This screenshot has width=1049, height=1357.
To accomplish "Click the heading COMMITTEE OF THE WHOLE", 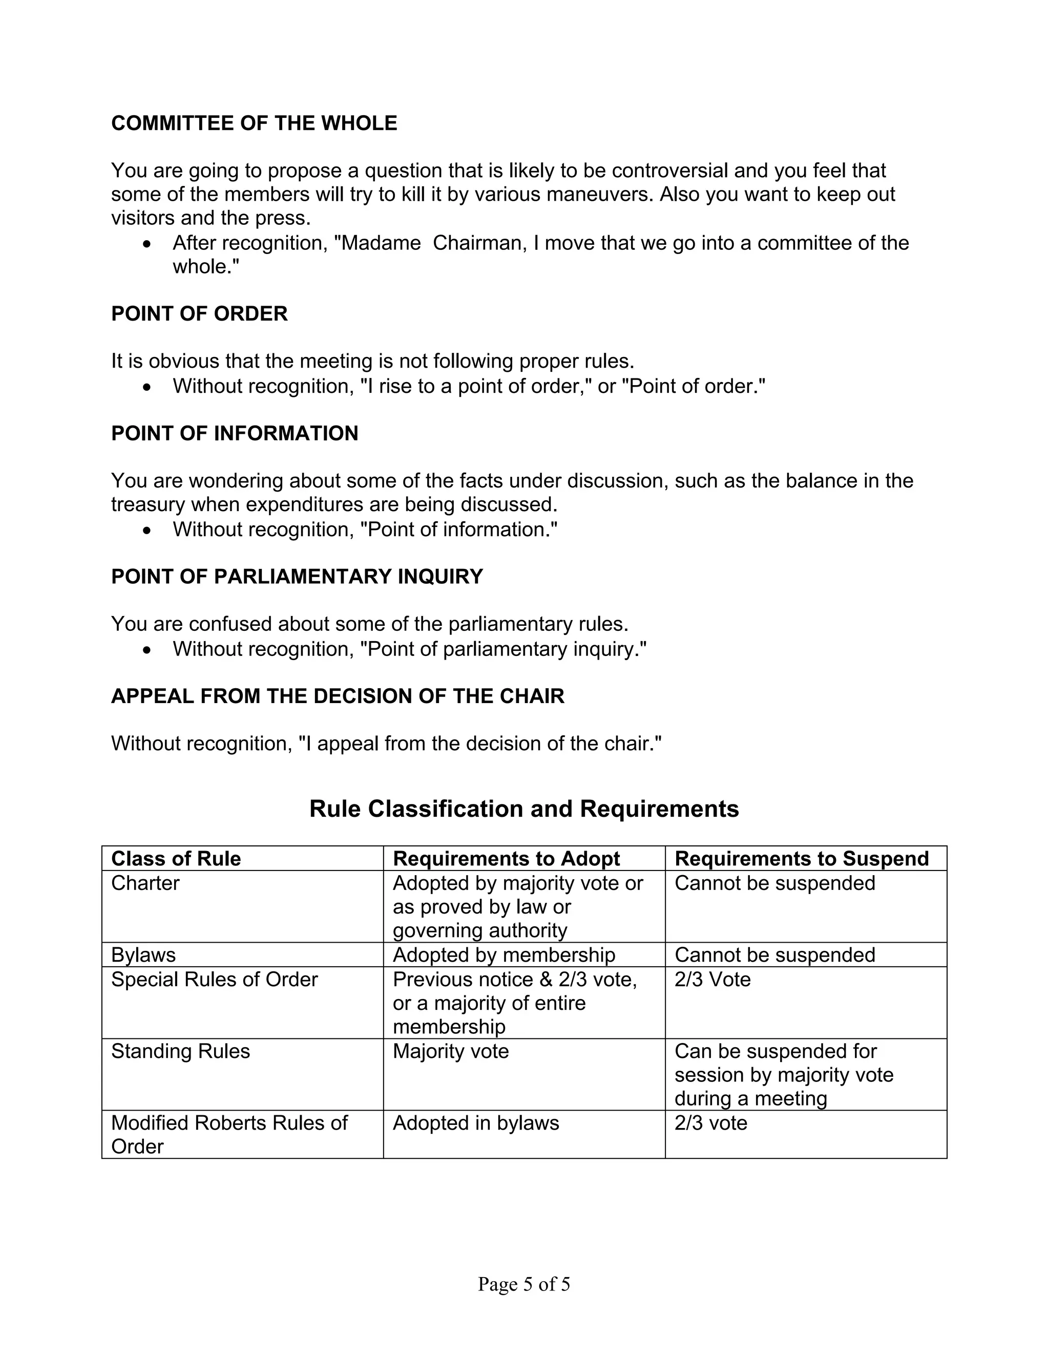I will point(254,123).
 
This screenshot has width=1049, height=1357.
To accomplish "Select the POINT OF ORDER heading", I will point(199,314).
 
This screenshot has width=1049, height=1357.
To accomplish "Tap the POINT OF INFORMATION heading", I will point(234,433).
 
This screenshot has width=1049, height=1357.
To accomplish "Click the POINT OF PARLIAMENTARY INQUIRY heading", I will point(297,577).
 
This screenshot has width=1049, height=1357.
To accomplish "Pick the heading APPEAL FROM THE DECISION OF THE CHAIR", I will point(338,696).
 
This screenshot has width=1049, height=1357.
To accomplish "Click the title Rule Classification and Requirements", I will point(524,809).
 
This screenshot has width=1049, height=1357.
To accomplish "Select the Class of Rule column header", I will point(176,859).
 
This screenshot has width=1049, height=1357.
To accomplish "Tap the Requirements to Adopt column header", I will point(506,859).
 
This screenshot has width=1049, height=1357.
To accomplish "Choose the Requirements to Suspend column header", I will point(801,859).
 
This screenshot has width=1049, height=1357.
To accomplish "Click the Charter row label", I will point(145,883).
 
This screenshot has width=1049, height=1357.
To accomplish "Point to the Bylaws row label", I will point(143,955).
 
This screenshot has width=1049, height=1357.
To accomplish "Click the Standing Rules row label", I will point(180,1051).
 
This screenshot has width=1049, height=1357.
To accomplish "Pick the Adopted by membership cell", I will point(503,955).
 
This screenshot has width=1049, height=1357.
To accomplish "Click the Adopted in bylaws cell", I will point(475,1123).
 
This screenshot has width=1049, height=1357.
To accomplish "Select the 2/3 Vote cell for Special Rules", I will point(712,979).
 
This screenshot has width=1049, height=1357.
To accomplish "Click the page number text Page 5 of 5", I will point(523,1284).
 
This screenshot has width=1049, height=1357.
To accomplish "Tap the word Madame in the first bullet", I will point(381,243).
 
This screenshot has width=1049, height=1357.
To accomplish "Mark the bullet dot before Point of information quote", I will point(146,531).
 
